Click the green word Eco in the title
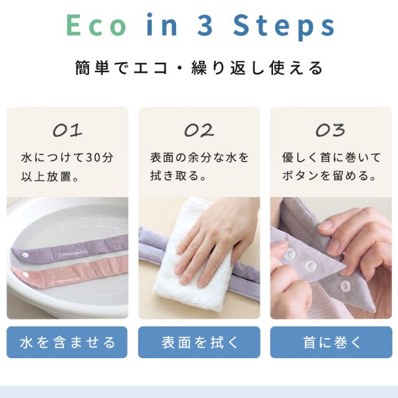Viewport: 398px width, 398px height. click(96, 25)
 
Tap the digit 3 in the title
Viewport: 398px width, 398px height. click(205, 25)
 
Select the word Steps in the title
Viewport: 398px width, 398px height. click(284, 27)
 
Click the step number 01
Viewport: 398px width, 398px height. click(68, 131)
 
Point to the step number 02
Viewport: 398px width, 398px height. click(199, 131)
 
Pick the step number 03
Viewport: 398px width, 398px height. click(330, 131)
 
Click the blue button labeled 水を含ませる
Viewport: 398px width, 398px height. click(67, 342)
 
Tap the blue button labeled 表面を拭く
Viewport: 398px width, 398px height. click(199, 342)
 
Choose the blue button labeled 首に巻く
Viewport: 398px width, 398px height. click(331, 342)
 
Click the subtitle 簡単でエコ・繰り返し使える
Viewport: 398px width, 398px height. click(199, 68)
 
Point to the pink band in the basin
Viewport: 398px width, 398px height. click(68, 272)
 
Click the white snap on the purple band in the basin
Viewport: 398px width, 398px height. click(25, 254)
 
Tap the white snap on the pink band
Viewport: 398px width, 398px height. click(25, 274)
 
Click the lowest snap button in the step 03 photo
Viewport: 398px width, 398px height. click(345, 286)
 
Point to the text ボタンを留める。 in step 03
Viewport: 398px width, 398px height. click(329, 175)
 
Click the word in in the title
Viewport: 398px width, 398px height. click(162, 25)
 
